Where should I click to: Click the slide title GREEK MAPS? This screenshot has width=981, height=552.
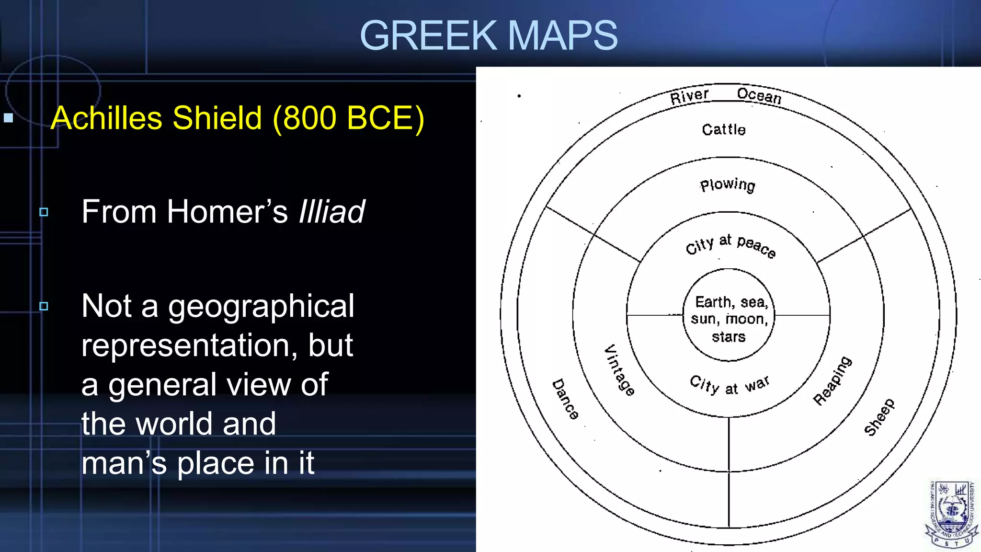coord(489,35)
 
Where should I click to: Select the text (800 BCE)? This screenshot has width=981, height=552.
coord(348,118)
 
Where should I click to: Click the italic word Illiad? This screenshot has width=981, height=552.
coord(331,211)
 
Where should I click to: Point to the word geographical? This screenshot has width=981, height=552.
coord(261,307)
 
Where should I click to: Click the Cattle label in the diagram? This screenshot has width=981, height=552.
coord(724,129)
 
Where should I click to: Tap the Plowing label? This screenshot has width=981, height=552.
coord(728,185)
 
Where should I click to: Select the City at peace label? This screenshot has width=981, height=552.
coord(730,245)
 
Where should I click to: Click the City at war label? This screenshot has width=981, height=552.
coord(730,385)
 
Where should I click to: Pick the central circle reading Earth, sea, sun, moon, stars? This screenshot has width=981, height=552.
coord(729,319)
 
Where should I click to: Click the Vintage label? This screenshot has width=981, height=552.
coord(619,370)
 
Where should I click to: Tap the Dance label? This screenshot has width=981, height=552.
coord(565,399)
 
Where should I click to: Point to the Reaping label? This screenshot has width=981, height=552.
coord(833,380)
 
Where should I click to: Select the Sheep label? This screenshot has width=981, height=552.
coord(879,417)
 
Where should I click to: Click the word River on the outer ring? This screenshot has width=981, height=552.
coord(689,96)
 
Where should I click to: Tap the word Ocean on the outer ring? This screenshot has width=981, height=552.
coord(759,96)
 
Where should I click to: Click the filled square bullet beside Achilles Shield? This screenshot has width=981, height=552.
coord(9,118)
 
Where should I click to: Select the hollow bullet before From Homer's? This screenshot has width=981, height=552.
coord(44,212)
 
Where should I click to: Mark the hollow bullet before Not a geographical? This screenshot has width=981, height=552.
coord(44,306)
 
